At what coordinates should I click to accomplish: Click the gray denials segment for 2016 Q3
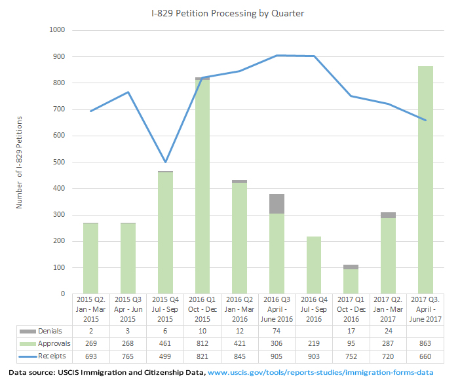(x=277, y=203)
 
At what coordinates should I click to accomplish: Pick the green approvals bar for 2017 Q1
(x=351, y=281)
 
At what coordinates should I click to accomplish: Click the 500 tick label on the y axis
(x=58, y=162)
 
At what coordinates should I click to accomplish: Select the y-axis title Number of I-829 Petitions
(x=19, y=162)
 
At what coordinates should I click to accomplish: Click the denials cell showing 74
(x=277, y=332)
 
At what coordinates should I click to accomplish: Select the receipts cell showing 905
(x=277, y=355)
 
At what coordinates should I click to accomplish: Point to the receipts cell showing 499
(x=165, y=355)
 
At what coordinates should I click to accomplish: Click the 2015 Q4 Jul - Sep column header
(x=165, y=309)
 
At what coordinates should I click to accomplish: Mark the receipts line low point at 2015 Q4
(x=165, y=162)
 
